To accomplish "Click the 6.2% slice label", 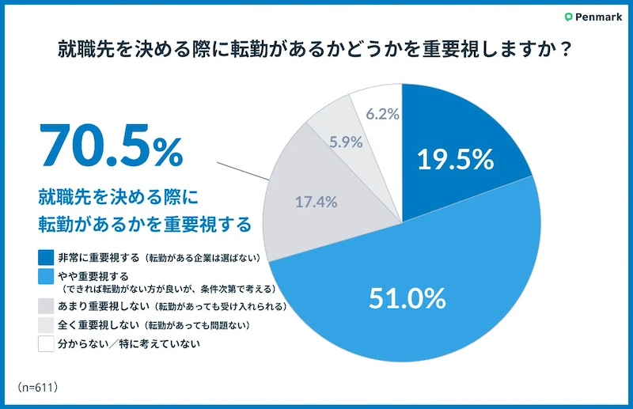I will click(382, 114).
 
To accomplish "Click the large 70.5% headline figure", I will click(110, 148).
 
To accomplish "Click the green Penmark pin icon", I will click(569, 17).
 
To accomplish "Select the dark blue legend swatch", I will click(46, 257).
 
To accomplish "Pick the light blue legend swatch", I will click(46, 276).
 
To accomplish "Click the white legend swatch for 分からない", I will click(46, 344).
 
